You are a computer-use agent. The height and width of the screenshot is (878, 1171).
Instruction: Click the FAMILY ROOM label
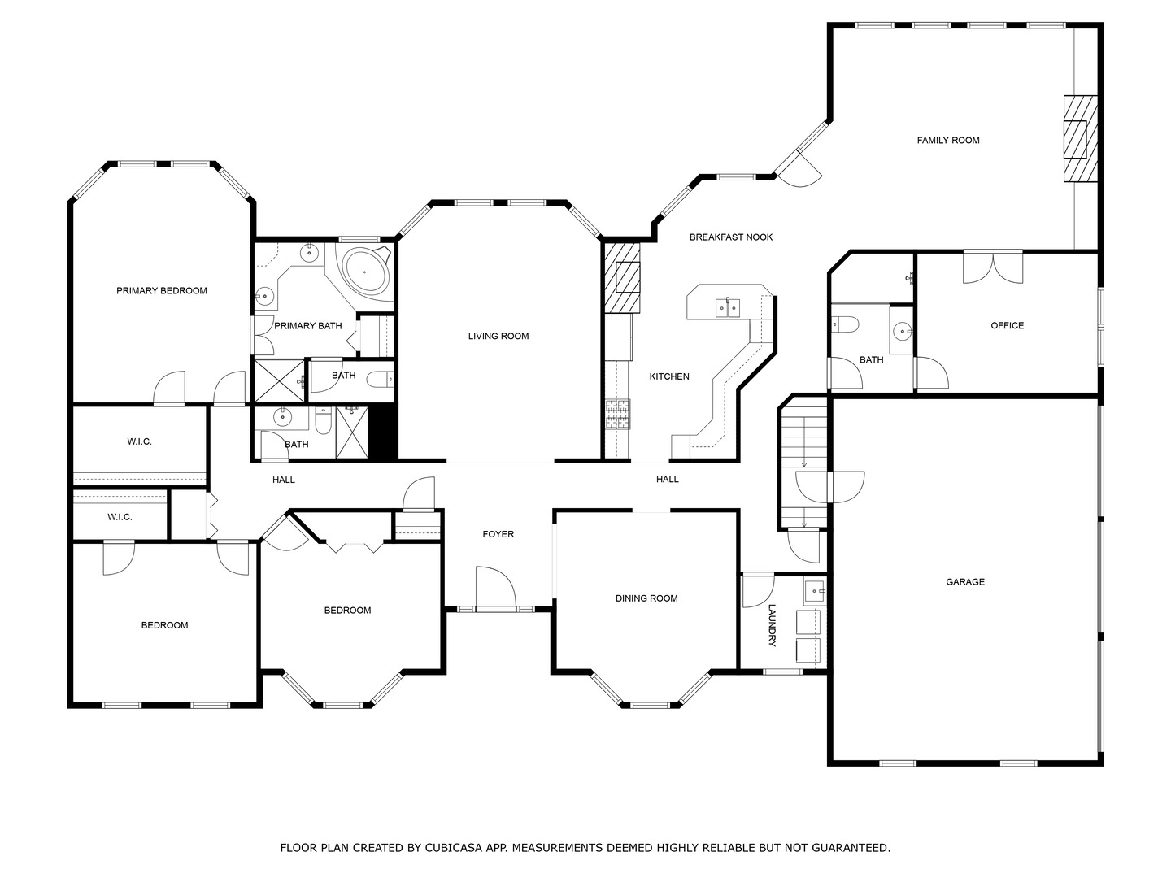click(x=948, y=140)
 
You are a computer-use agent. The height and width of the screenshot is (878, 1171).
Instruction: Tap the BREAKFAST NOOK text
click(x=731, y=237)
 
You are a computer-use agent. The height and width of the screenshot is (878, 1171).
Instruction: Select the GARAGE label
click(x=965, y=581)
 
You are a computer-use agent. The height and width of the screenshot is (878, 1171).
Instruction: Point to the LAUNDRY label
click(x=772, y=625)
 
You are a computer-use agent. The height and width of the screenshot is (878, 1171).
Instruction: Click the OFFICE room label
click(x=1008, y=325)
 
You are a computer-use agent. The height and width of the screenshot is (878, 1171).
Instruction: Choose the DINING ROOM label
click(x=646, y=598)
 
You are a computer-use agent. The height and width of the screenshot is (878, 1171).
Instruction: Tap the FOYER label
click(x=498, y=534)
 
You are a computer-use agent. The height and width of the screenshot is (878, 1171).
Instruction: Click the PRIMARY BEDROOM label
click(x=162, y=290)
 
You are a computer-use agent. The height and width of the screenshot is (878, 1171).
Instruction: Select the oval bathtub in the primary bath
click(x=365, y=272)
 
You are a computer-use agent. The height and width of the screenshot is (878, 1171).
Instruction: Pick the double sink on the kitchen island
click(x=727, y=307)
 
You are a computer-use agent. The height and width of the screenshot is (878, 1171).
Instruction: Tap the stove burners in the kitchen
click(x=617, y=415)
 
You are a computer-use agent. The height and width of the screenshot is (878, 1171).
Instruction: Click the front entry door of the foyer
click(x=495, y=588)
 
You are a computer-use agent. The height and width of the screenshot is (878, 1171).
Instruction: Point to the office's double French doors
click(x=993, y=267)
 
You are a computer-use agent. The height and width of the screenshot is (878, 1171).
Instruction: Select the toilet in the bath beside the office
click(x=845, y=324)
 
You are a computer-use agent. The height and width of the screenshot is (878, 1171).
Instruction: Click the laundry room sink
click(x=815, y=592)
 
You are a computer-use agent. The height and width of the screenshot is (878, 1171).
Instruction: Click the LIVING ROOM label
click(x=498, y=336)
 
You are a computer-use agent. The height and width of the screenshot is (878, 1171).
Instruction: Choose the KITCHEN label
click(x=669, y=376)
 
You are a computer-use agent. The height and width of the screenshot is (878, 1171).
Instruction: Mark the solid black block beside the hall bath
click(x=384, y=432)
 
